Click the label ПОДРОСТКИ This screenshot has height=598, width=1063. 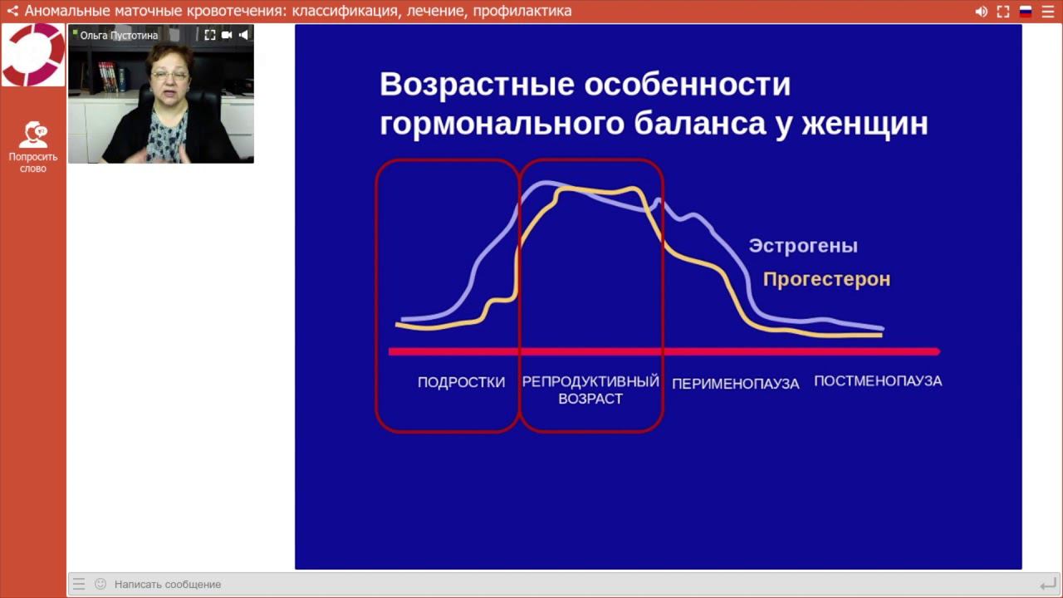[461, 383]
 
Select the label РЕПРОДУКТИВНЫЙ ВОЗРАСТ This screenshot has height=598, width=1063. [590, 390]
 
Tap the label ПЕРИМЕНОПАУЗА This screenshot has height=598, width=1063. [735, 384]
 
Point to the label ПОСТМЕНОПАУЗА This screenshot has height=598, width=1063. [878, 381]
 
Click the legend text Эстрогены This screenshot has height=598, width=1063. [803, 246]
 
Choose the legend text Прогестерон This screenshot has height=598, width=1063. [826, 279]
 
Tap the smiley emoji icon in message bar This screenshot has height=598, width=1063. [100, 584]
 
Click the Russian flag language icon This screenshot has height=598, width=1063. [1026, 12]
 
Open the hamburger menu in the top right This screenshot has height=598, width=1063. [1048, 12]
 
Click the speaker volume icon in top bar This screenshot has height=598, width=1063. [981, 12]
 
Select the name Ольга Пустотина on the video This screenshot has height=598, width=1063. [119, 36]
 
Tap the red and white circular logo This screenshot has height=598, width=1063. [33, 55]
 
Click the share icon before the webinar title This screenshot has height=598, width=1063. [12, 12]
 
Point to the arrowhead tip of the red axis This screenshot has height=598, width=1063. [938, 351]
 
